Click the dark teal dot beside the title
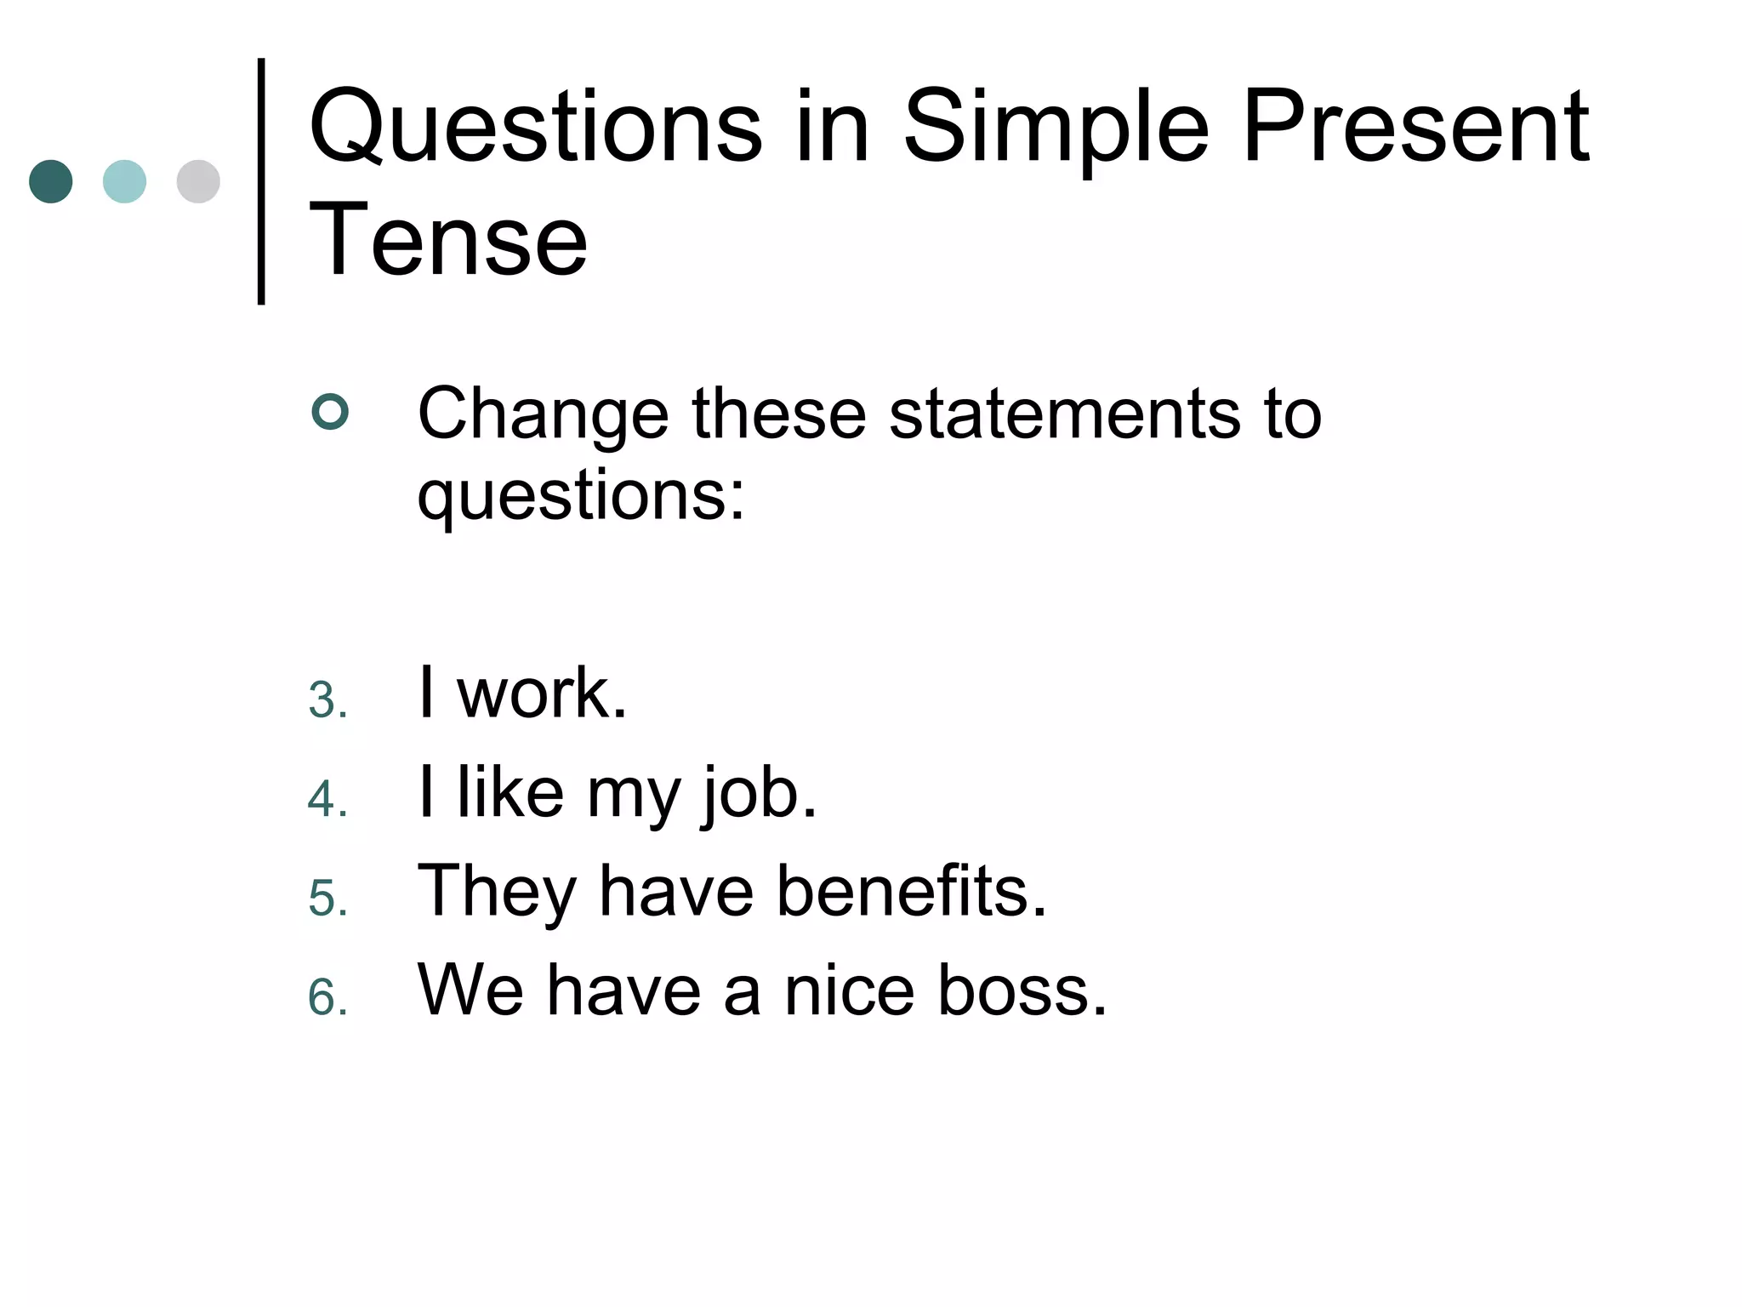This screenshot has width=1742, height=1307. click(51, 181)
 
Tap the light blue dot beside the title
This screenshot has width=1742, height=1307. click(124, 181)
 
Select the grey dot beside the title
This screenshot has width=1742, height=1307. click(198, 181)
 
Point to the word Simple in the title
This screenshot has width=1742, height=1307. click(1055, 129)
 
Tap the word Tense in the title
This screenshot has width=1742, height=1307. click(448, 240)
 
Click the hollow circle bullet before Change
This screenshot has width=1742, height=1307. click(330, 412)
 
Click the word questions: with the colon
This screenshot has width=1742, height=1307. click(581, 497)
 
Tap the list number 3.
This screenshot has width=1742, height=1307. click(327, 701)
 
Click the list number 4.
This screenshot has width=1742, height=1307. click(327, 800)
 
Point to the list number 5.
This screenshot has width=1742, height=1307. click(327, 899)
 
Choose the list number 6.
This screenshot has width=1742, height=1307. click(327, 997)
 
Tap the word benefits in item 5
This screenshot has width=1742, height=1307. click(911, 891)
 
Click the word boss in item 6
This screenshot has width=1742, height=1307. click(1022, 990)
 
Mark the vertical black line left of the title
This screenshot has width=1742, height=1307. click(261, 181)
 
